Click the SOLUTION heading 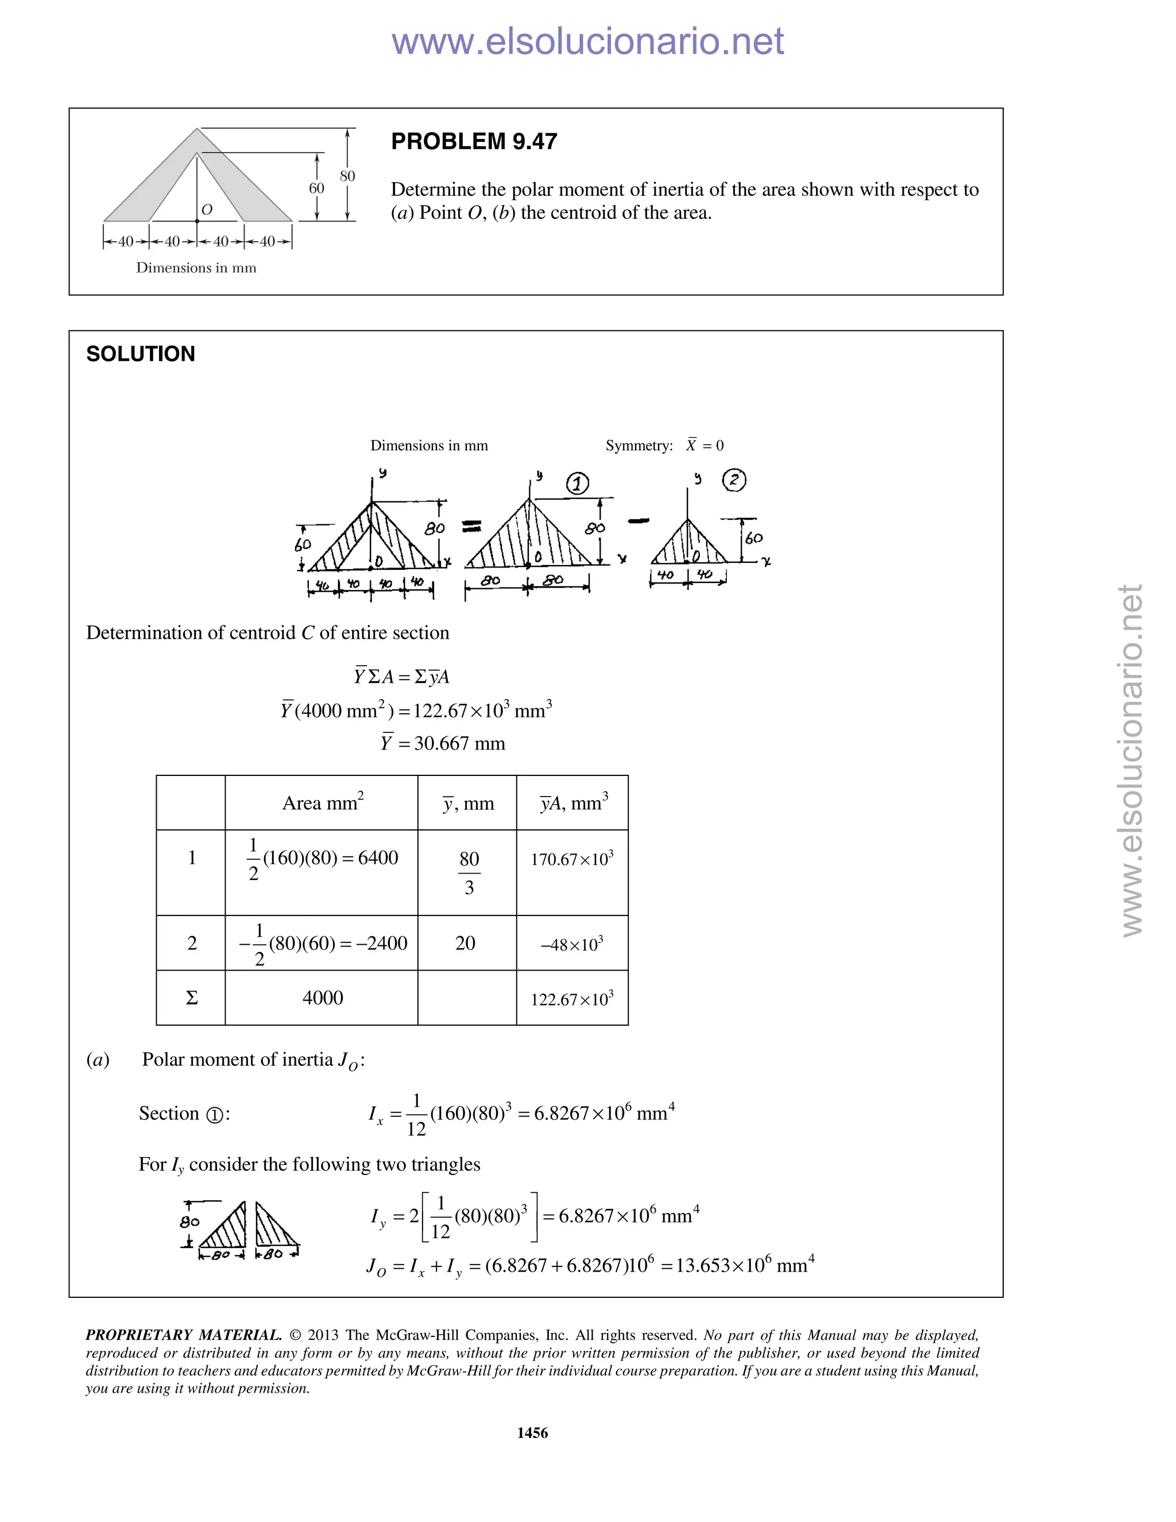pyautogui.click(x=141, y=354)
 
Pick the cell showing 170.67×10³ pyautogui.click(x=572, y=859)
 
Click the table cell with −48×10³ pyautogui.click(x=572, y=944)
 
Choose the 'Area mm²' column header pyautogui.click(x=323, y=803)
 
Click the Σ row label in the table pyautogui.click(x=192, y=998)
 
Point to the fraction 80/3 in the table pyautogui.click(x=469, y=872)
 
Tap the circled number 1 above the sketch pyautogui.click(x=577, y=483)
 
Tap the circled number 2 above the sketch pyautogui.click(x=734, y=480)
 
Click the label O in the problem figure pyautogui.click(x=206, y=210)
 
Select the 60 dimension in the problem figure pyautogui.click(x=316, y=188)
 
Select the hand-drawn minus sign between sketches pyautogui.click(x=638, y=520)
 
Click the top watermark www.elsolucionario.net pyautogui.click(x=587, y=41)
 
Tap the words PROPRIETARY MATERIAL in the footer pyautogui.click(x=183, y=1335)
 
